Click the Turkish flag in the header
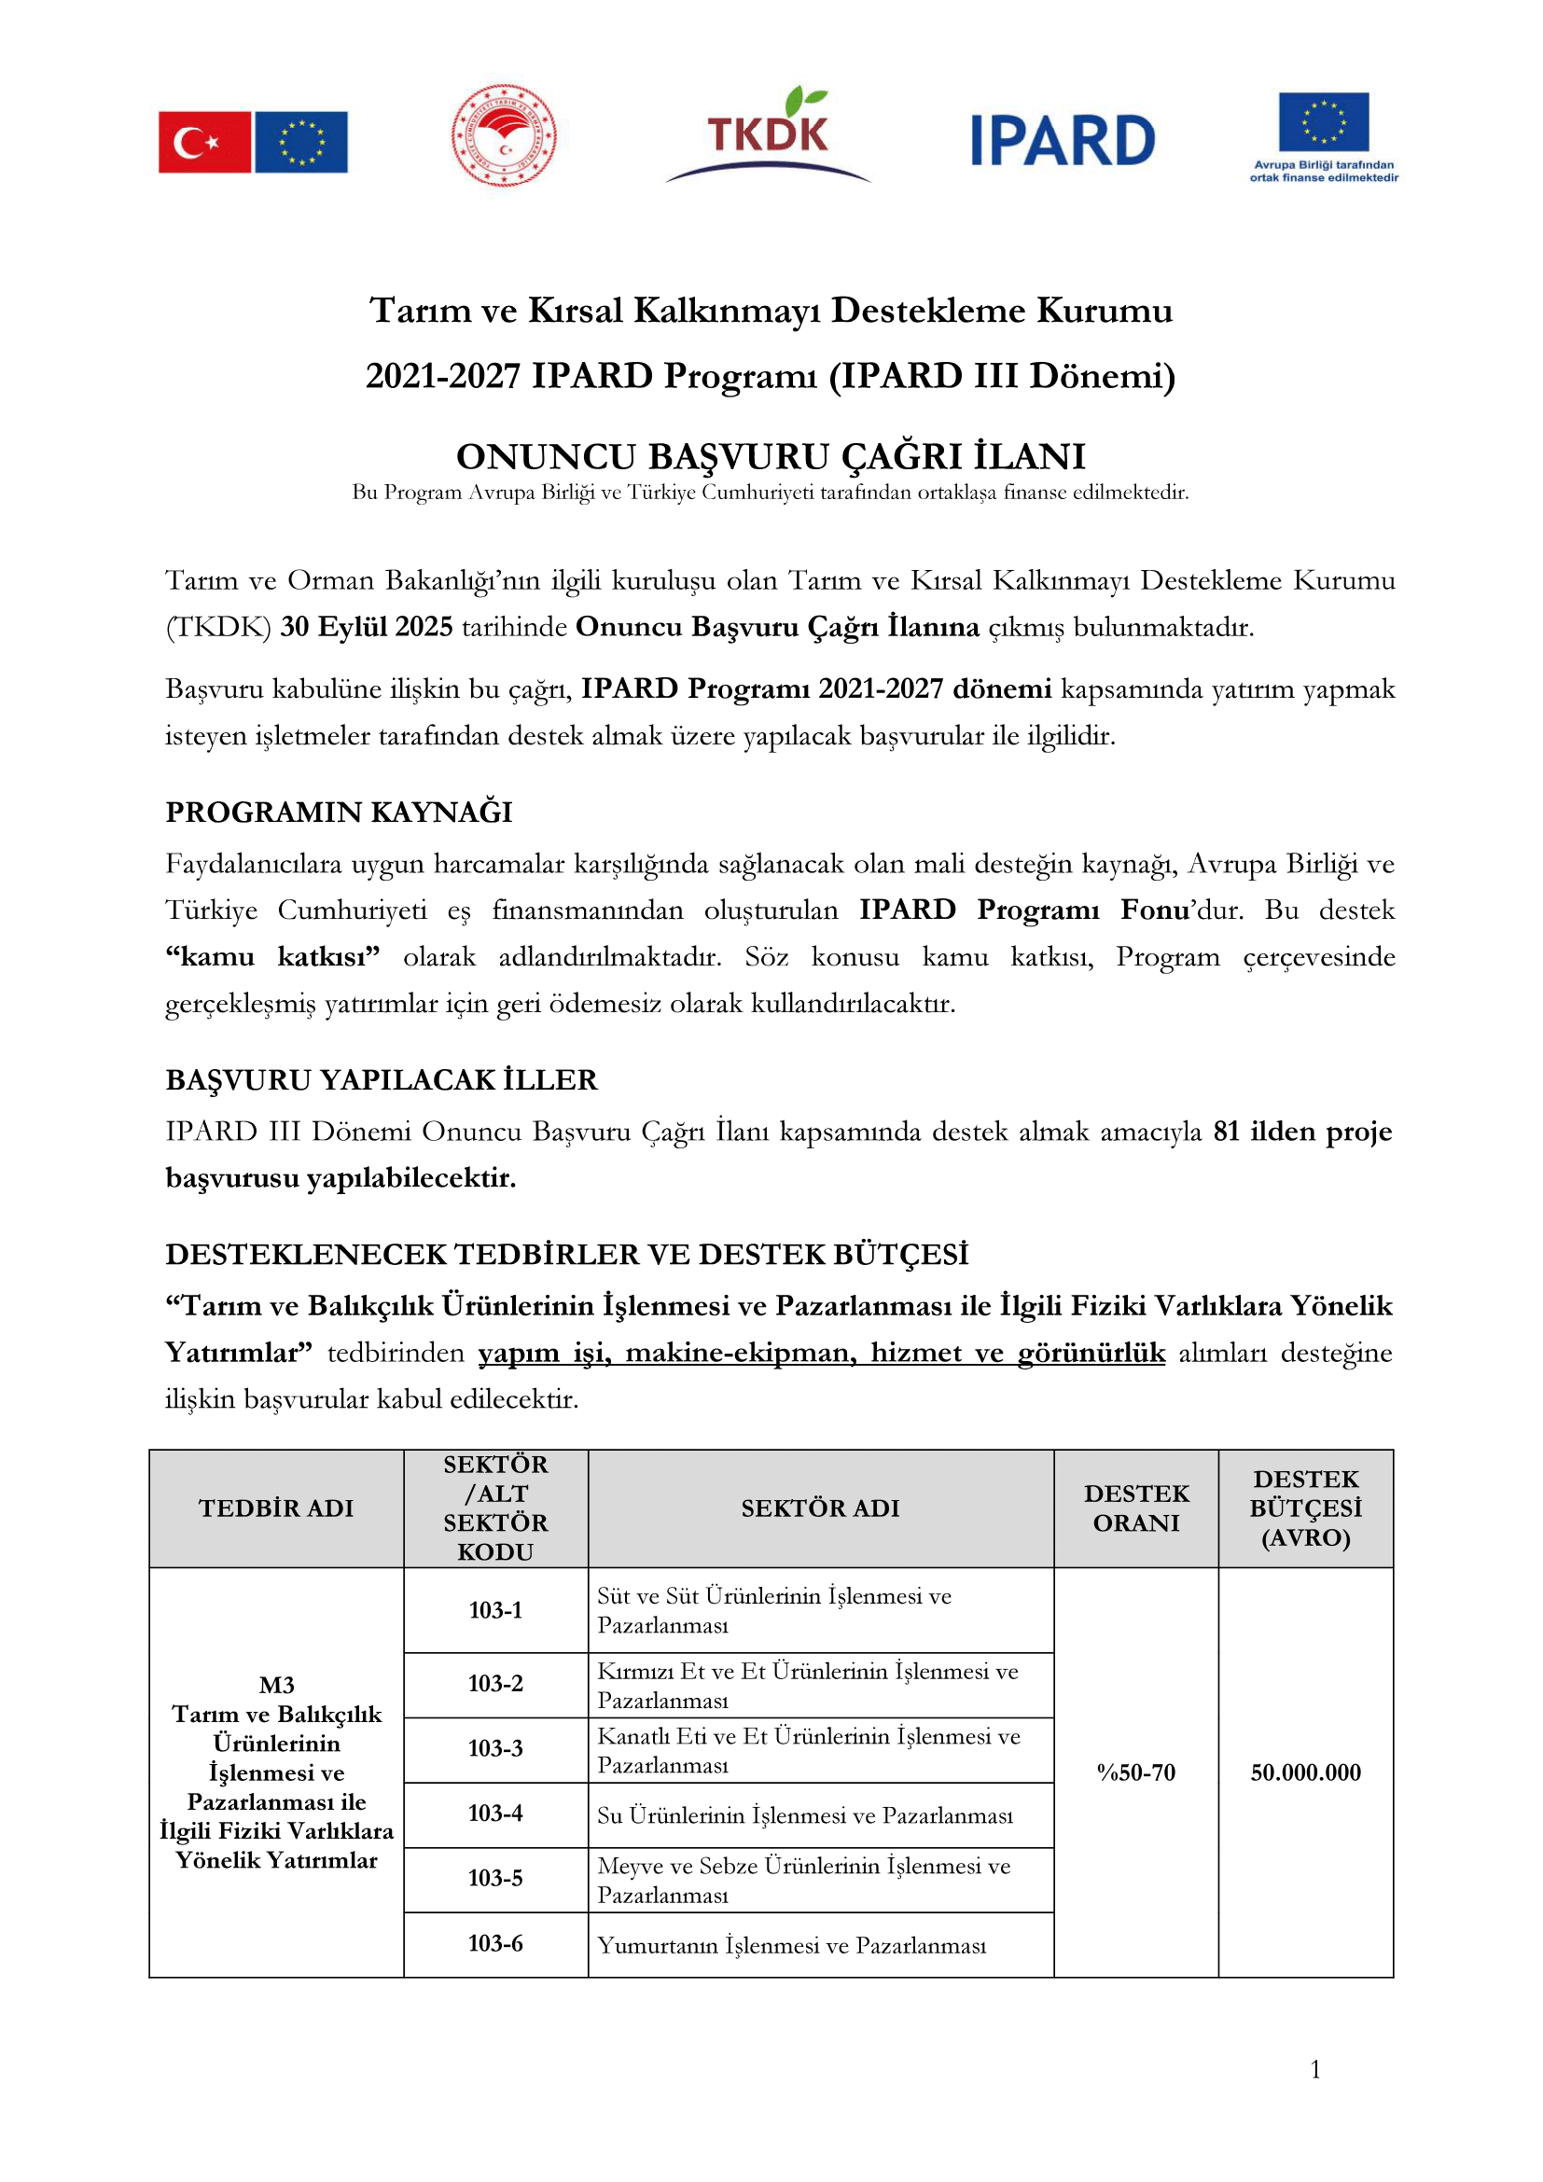204,142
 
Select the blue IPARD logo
1063,141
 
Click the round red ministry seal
504,135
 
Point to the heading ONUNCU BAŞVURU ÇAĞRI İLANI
771,457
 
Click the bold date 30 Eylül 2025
366,627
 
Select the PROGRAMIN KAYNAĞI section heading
339,812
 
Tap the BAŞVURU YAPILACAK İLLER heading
381,1079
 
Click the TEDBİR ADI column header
275,1508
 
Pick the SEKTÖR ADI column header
820,1508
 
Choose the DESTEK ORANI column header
1135,1508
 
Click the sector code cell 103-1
495,1610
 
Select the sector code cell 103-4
495,1814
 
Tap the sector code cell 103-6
495,1943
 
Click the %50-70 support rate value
1135,1772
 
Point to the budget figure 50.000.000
1305,1772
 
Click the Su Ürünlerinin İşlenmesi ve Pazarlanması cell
805,1815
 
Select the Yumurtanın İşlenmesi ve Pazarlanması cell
791,1945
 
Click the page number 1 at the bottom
1315,2069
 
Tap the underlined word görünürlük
1091,1353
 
